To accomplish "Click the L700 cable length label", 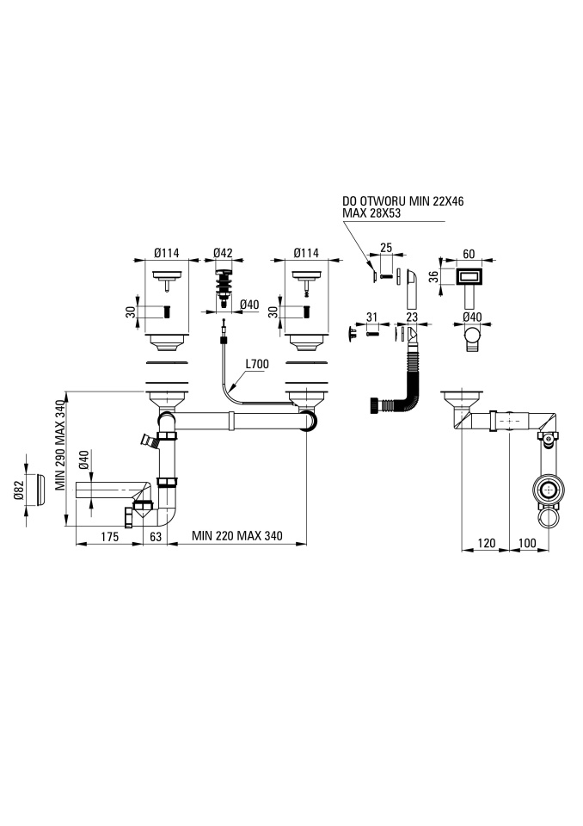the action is tap(257, 364).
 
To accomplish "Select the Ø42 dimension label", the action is tap(223, 253).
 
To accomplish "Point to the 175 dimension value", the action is tap(109, 537).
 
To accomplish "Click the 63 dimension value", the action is tap(156, 537).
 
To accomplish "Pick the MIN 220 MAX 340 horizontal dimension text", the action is tap(237, 536).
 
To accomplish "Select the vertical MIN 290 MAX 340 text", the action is tap(60, 445).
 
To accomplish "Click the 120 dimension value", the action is tap(486, 543).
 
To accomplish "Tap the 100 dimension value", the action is tap(527, 543).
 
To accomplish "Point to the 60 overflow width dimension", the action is tap(469, 254).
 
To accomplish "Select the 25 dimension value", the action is tap(386, 248).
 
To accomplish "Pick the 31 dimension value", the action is tap(371, 317).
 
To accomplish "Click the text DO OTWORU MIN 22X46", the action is tap(403, 201).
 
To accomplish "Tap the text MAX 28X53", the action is tap(371, 213).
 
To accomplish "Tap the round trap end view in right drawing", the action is tap(549, 490).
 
